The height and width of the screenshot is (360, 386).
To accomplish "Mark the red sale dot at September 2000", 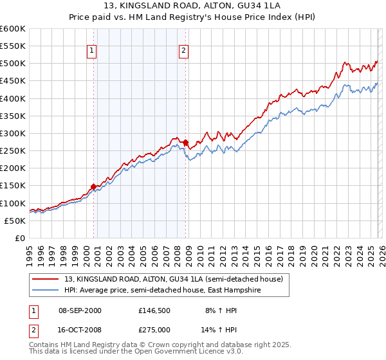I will (93, 186).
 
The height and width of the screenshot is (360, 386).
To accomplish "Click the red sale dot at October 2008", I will (186, 142).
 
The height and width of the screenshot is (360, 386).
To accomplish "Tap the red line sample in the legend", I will (45, 279).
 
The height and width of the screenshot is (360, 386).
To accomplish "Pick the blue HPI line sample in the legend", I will (45, 291).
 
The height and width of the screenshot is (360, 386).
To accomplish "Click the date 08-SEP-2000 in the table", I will (80, 310).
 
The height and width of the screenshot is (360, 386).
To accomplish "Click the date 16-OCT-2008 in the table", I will (80, 329).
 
